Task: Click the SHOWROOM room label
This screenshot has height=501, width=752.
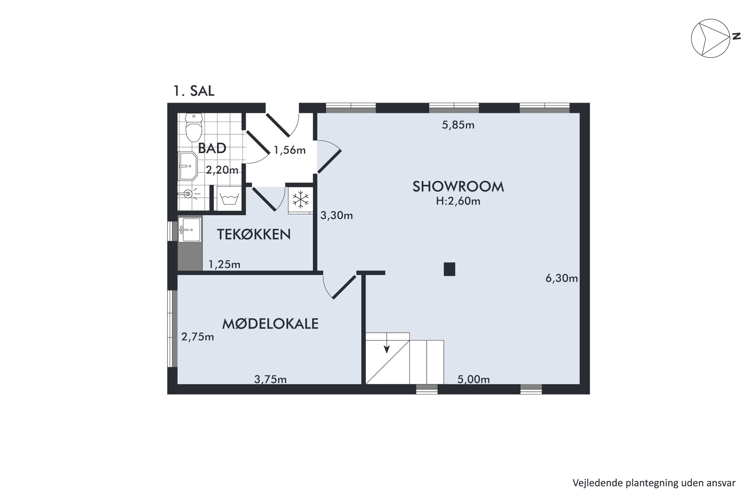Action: pos(458,186)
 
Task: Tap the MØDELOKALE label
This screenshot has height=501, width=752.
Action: pos(270,324)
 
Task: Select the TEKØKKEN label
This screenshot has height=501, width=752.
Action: pos(254,234)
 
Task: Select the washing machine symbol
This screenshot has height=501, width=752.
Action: pos(229,198)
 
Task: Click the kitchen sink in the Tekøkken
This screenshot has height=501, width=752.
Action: pos(190,230)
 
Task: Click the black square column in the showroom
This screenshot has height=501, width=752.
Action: pos(449,269)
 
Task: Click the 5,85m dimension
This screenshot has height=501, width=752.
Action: pos(458,125)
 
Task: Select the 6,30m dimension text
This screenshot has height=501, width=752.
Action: pos(561,278)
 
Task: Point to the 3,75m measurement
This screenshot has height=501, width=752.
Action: pos(270,379)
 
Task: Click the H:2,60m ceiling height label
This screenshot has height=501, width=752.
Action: pos(458,201)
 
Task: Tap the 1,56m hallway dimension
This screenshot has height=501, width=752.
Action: pos(290,150)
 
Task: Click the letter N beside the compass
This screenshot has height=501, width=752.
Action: pos(736,36)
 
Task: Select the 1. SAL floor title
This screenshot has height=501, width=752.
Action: pos(194,91)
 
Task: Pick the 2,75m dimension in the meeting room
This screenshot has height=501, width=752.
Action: pos(198,337)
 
